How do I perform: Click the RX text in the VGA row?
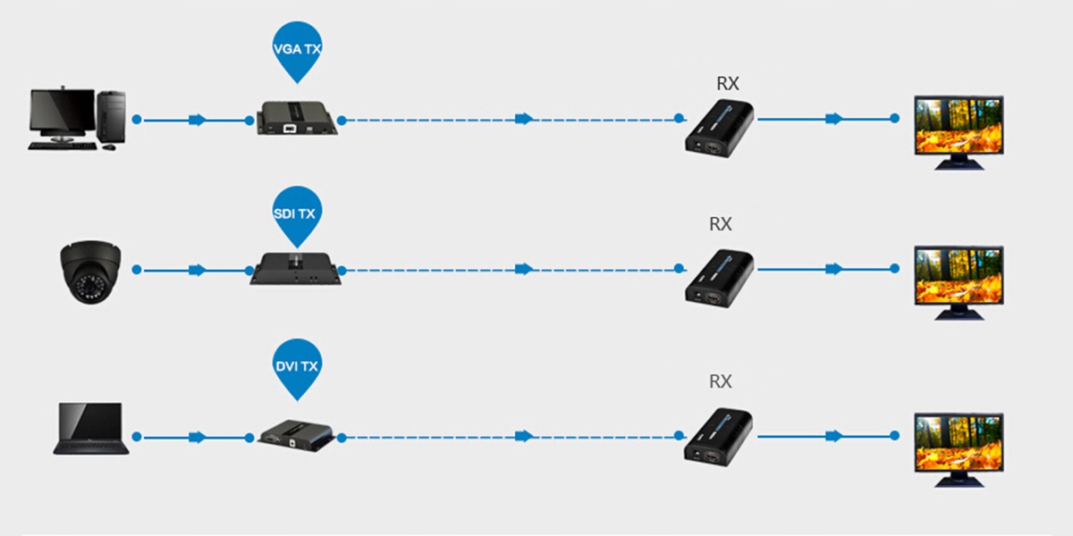[x=727, y=83]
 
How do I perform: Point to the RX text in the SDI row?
[x=720, y=224]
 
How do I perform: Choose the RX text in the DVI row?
[x=720, y=381]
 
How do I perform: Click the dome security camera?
[x=90, y=272]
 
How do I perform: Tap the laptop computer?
[x=90, y=428]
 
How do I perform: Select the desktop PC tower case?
[x=111, y=116]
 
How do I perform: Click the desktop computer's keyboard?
[x=63, y=146]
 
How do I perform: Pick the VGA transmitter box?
[x=297, y=118]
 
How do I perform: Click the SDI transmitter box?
[x=296, y=269]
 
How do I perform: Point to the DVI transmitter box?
[x=296, y=436]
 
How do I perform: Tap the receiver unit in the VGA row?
[x=719, y=129]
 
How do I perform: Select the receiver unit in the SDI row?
[x=719, y=279]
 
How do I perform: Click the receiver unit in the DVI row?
[x=718, y=437]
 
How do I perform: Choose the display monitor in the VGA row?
[x=959, y=132]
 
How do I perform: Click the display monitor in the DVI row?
[x=959, y=450]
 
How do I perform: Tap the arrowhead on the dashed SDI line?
[x=525, y=269]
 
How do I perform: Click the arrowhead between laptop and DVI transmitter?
[x=198, y=437]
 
